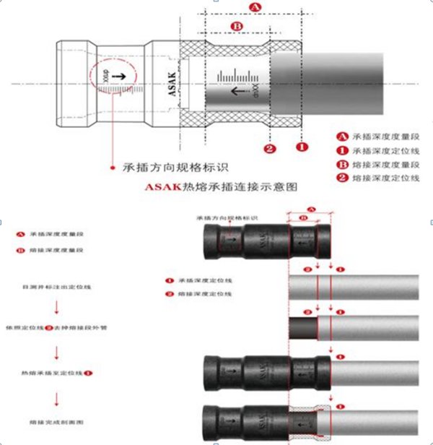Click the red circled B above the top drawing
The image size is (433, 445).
(x=236, y=27)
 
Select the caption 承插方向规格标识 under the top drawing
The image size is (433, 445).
(x=176, y=167)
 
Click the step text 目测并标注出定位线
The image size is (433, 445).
(x=56, y=287)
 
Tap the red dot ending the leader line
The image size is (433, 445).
(x=112, y=168)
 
